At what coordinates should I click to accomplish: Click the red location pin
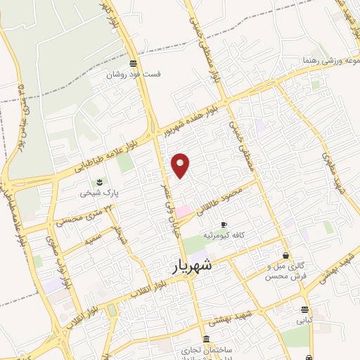(x=181, y=165)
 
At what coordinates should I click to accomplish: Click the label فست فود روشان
(x=133, y=74)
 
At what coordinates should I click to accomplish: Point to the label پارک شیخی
(x=98, y=191)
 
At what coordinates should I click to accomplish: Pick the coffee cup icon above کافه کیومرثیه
(x=224, y=224)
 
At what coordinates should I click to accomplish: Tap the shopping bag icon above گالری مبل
(x=285, y=255)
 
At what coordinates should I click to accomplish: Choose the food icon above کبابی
(x=304, y=309)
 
